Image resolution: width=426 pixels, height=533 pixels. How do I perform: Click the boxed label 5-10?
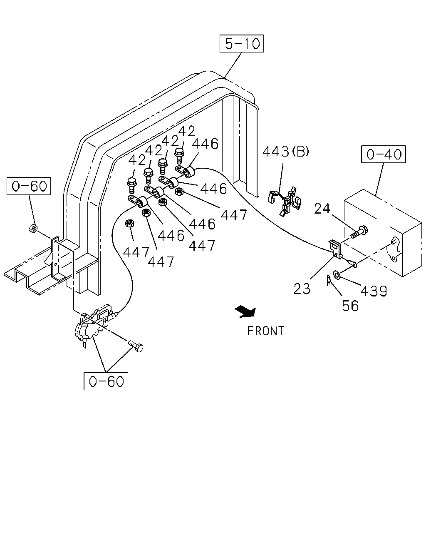(x=242, y=44)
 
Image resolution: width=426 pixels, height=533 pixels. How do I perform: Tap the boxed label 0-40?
(x=384, y=154)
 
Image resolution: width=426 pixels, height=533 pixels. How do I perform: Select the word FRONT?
(x=265, y=331)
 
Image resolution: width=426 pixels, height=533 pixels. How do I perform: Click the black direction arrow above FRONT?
(x=245, y=311)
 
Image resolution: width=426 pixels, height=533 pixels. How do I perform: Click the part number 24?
(x=322, y=208)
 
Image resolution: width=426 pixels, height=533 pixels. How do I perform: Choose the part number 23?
(x=302, y=289)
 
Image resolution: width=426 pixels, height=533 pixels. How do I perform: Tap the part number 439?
(x=374, y=291)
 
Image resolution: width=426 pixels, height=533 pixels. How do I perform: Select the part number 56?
(x=350, y=306)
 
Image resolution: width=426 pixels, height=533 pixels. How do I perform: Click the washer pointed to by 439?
(x=337, y=274)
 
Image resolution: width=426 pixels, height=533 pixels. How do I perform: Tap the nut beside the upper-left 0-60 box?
(x=33, y=228)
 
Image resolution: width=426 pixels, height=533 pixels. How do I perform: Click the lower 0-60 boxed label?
(x=106, y=381)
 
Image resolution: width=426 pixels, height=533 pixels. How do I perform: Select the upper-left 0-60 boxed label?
(x=29, y=186)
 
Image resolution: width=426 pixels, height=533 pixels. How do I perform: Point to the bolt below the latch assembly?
(x=136, y=346)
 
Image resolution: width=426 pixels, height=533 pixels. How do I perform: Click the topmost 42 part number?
(x=187, y=131)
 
